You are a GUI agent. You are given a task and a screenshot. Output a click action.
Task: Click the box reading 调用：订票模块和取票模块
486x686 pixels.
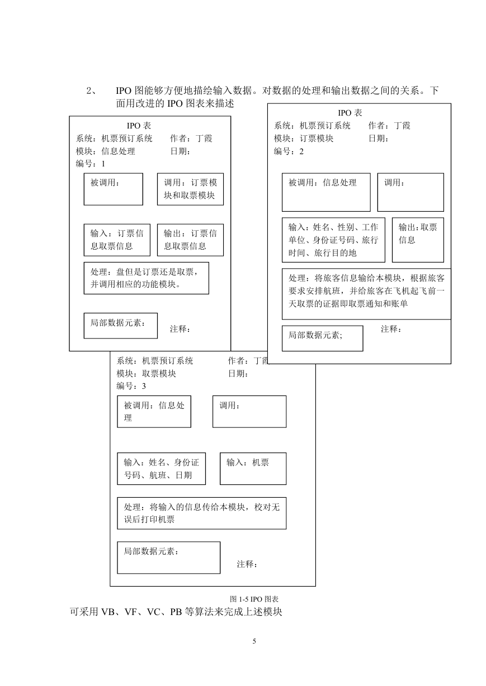(x=190, y=189)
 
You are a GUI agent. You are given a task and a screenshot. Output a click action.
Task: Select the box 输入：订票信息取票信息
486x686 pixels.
(x=117, y=240)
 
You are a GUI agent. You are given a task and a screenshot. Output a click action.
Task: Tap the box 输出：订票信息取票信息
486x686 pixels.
(x=190, y=240)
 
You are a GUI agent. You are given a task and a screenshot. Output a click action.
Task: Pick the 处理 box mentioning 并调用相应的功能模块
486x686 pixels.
(x=147, y=278)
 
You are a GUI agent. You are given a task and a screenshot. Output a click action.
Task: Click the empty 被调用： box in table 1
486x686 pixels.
(x=113, y=189)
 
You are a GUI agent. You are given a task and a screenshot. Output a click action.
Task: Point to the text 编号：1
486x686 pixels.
(x=91, y=164)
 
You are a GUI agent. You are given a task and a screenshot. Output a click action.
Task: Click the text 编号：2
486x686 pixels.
(x=289, y=151)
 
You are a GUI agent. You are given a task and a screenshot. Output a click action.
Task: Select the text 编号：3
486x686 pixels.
(x=131, y=386)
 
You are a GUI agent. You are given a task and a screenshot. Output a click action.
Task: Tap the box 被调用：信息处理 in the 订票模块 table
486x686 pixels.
(x=326, y=192)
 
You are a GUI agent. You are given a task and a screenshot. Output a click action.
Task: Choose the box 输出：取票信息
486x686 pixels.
(x=418, y=240)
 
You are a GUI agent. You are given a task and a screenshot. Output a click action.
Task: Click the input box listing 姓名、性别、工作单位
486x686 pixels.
(x=333, y=240)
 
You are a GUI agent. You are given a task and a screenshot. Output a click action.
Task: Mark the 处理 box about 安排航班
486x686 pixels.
(x=366, y=294)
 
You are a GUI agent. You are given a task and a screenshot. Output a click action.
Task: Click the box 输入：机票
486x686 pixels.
(x=253, y=469)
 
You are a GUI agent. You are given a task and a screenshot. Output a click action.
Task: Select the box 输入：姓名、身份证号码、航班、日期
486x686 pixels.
(x=161, y=469)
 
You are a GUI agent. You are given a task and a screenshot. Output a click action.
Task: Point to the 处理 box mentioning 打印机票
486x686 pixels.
(x=201, y=513)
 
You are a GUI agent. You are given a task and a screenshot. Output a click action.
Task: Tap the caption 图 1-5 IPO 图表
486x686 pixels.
(x=254, y=599)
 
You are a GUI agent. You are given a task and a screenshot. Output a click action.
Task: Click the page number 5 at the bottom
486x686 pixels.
(x=254, y=641)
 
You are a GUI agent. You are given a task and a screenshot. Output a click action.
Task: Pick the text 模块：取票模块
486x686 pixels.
(x=146, y=373)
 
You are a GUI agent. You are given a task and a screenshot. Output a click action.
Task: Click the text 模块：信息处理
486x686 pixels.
(x=106, y=151)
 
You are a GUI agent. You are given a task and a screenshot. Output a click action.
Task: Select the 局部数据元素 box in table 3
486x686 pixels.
(x=168, y=558)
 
